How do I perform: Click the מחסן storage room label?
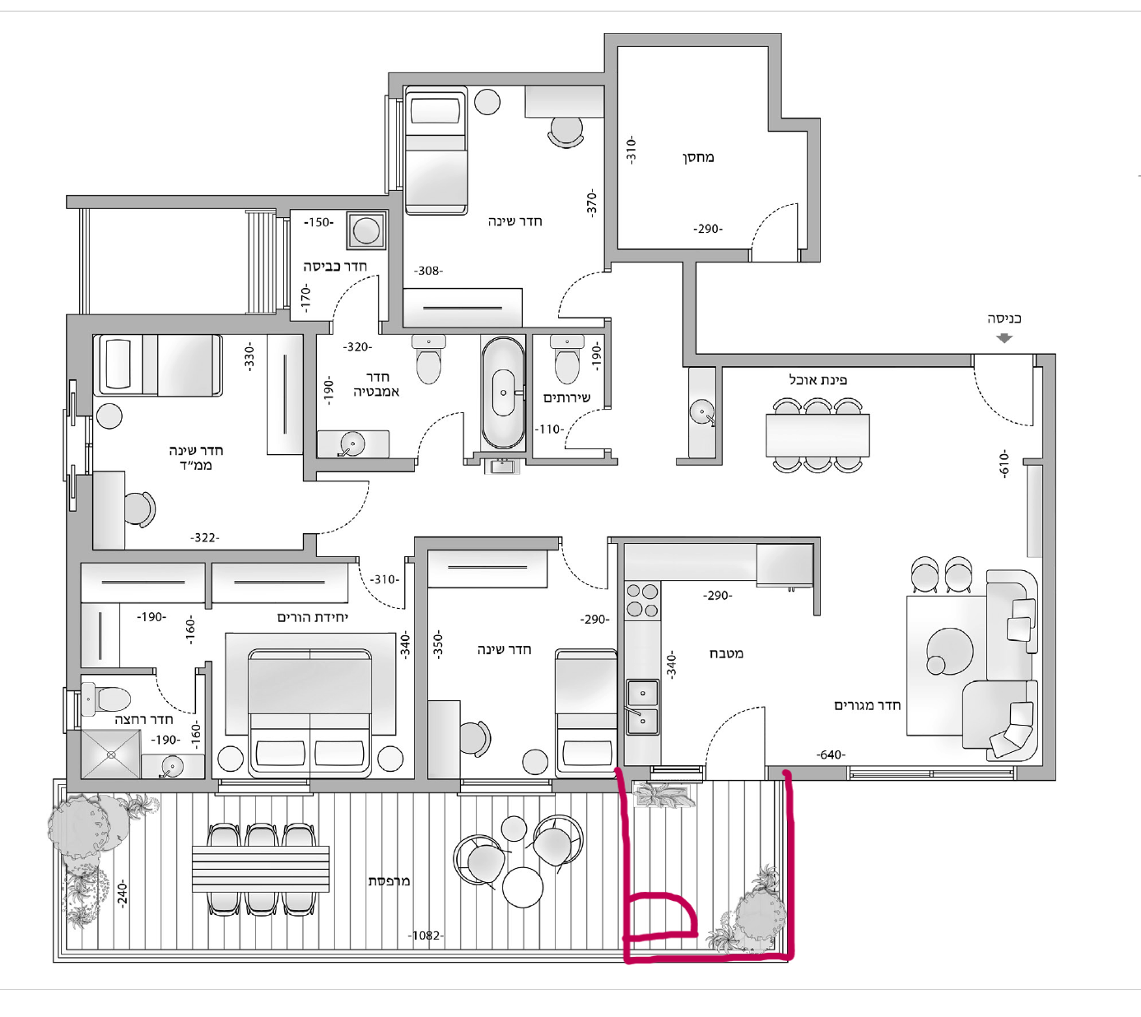coord(698,157)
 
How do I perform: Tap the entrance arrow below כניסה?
coord(1004,338)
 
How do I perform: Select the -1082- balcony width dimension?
coord(426,936)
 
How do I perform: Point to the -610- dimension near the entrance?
coord(1004,464)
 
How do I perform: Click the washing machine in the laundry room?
coord(366,230)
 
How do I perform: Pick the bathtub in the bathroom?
coord(503,392)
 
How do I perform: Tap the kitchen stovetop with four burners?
coord(643,601)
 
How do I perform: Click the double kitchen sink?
coord(643,707)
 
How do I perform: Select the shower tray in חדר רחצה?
coord(111,755)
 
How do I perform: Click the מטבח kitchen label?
coord(726,653)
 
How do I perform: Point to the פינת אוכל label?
coord(817,379)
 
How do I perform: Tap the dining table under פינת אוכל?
coord(817,435)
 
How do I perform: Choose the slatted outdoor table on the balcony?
coord(260,868)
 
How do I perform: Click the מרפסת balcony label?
coord(389,880)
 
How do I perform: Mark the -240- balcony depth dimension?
coord(122,894)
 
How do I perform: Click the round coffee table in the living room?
coord(949,651)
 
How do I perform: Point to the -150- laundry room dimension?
coord(319,222)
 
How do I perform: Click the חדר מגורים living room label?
coord(868,705)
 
